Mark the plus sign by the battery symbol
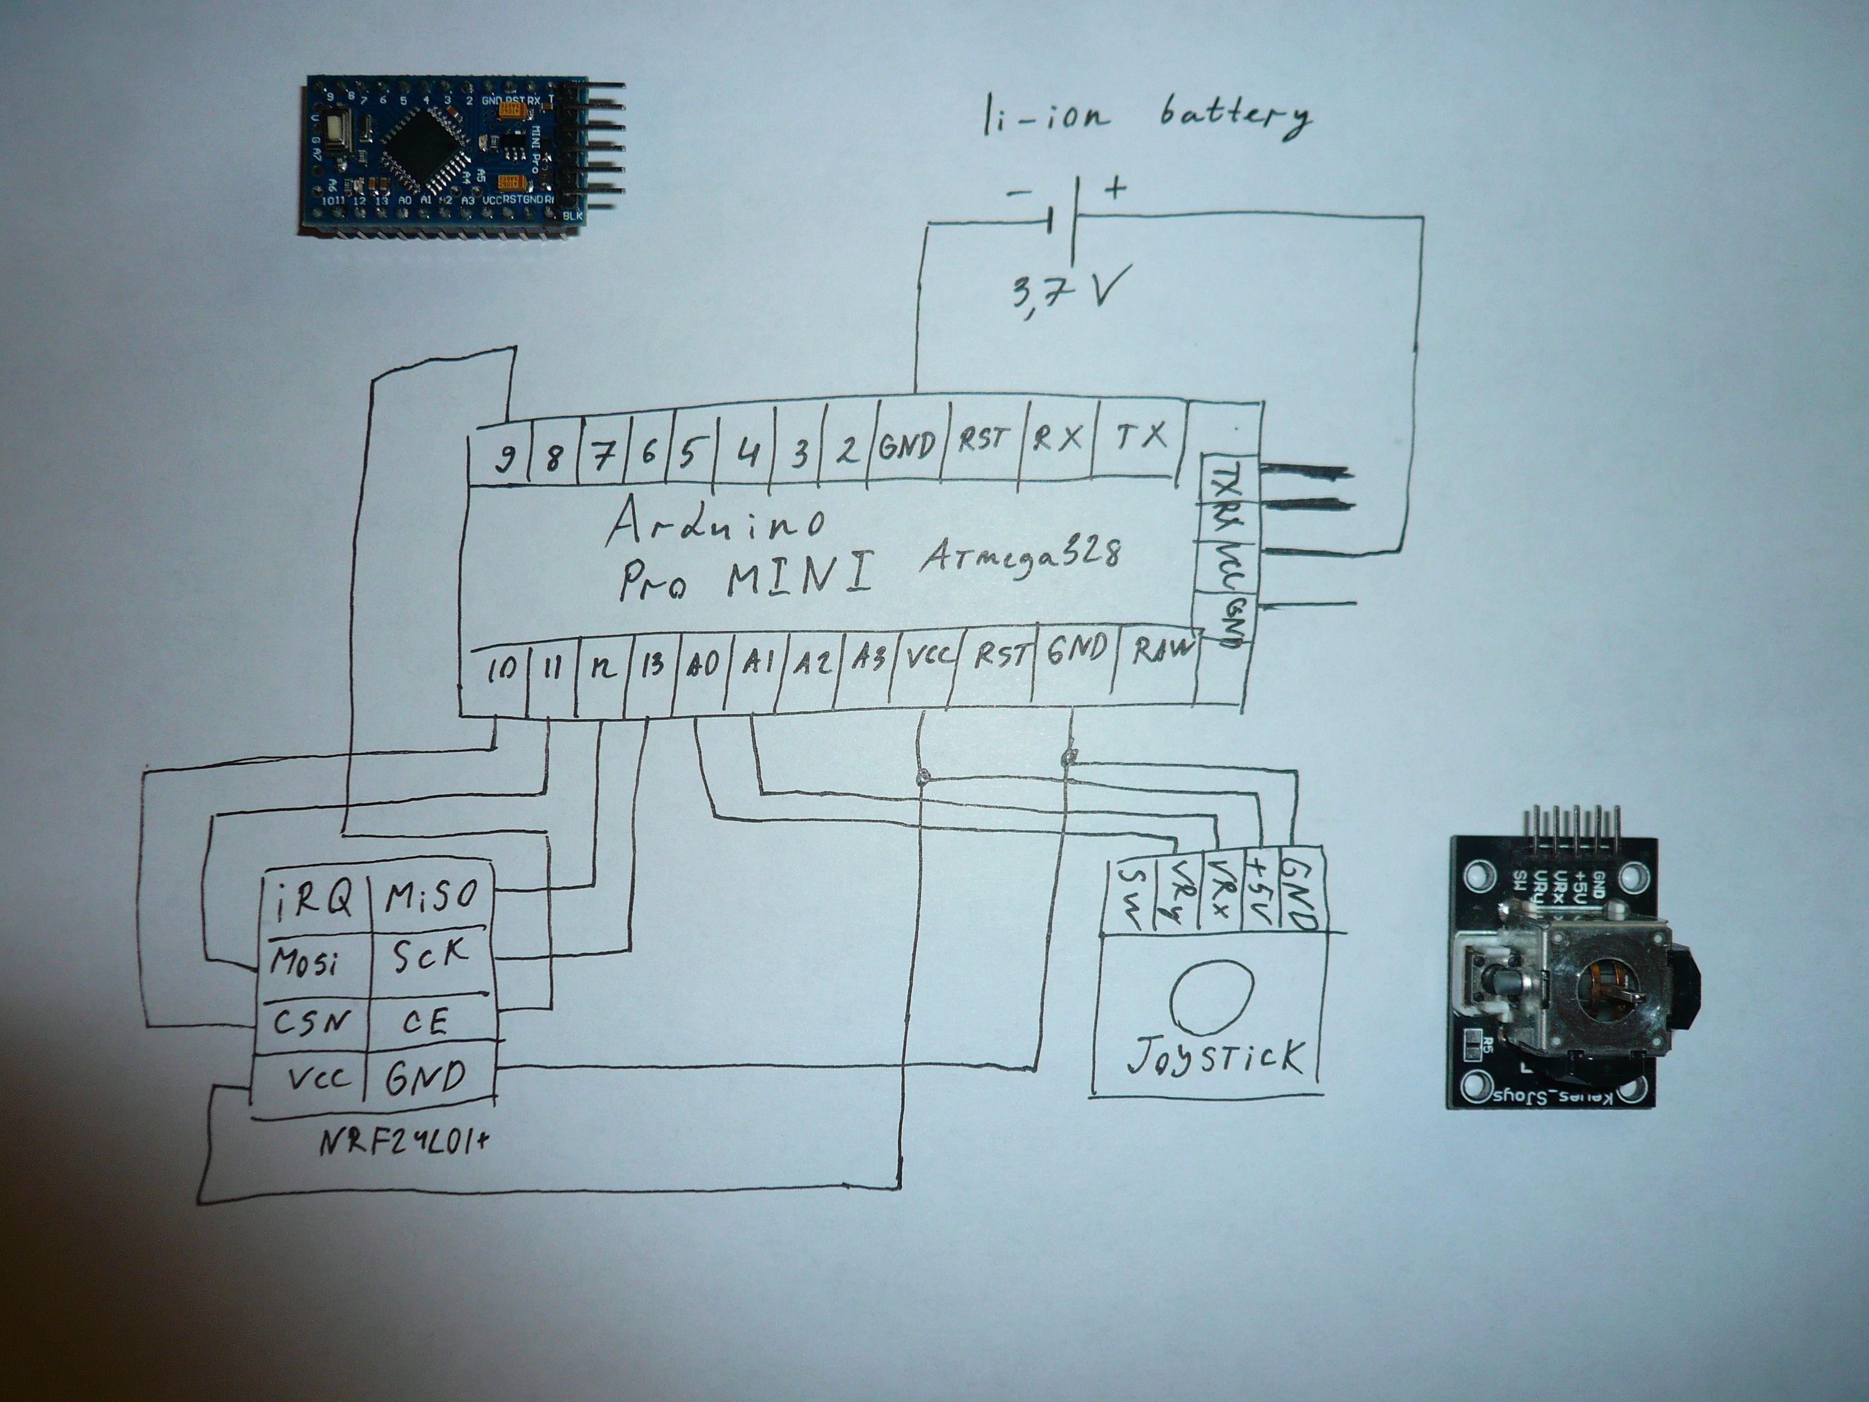pyautogui.click(x=1115, y=188)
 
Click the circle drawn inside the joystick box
pyautogui.click(x=1210, y=997)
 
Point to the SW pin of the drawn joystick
pyautogui.click(x=1130, y=896)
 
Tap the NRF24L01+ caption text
pyautogui.click(x=404, y=1142)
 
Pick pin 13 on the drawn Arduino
pyautogui.click(x=652, y=663)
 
